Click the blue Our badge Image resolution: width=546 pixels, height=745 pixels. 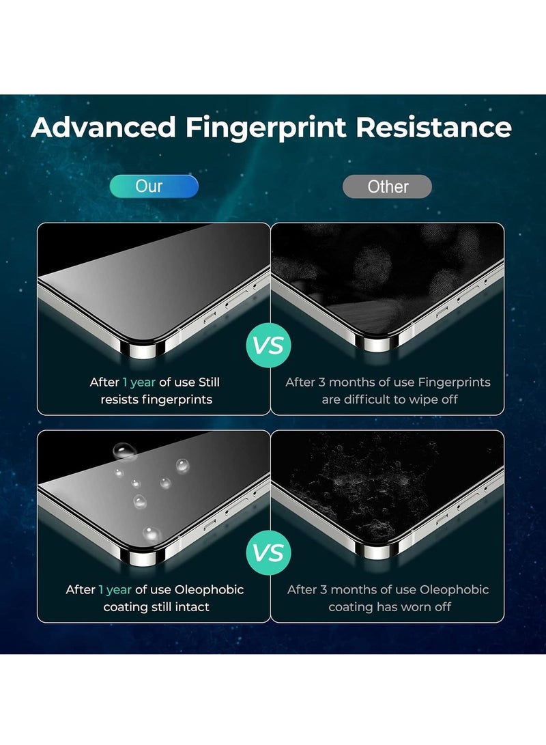pos(149,186)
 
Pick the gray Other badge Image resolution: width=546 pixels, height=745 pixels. pos(388,186)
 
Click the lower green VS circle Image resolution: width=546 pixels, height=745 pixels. pos(268,552)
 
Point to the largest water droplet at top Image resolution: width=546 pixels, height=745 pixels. pos(125,450)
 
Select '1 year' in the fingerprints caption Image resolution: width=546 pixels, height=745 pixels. pos(139,382)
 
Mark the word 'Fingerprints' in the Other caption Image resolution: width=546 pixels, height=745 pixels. pos(454,382)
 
